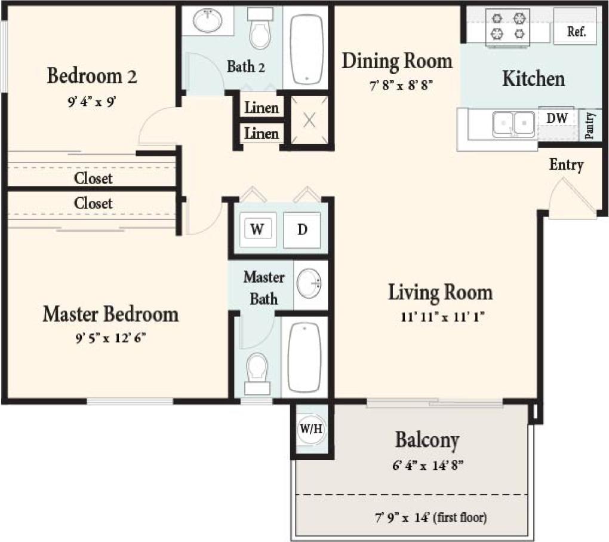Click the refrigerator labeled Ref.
(x=575, y=27)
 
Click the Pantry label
(x=590, y=125)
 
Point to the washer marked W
(x=257, y=229)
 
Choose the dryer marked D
(x=302, y=229)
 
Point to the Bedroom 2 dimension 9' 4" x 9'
(x=92, y=102)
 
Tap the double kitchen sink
(x=513, y=124)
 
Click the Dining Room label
(x=396, y=62)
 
